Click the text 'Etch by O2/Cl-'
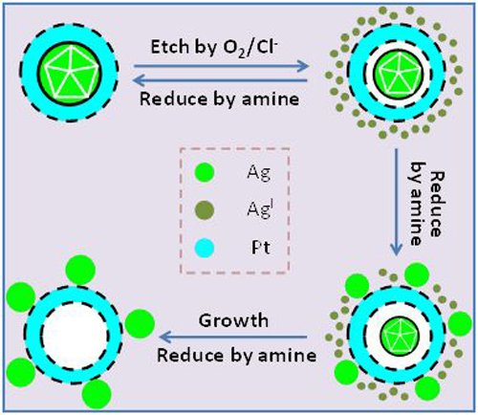point(214,48)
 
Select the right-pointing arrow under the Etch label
point(221,66)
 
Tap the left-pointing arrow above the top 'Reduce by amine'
point(220,80)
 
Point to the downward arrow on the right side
point(396,202)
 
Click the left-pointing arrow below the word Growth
point(233,337)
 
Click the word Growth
point(233,320)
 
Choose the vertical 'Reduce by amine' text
point(427,204)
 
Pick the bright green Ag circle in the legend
point(205,172)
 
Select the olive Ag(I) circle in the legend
point(205,210)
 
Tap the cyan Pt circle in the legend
point(205,248)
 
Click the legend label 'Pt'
point(261,248)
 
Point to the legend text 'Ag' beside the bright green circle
point(259,174)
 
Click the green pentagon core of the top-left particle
point(69,74)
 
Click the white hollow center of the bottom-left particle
point(75,336)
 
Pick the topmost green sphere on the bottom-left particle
point(80,270)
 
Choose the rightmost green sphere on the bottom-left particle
point(140,323)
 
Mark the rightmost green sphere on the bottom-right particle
point(460,324)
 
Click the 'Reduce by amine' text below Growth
point(237,356)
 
